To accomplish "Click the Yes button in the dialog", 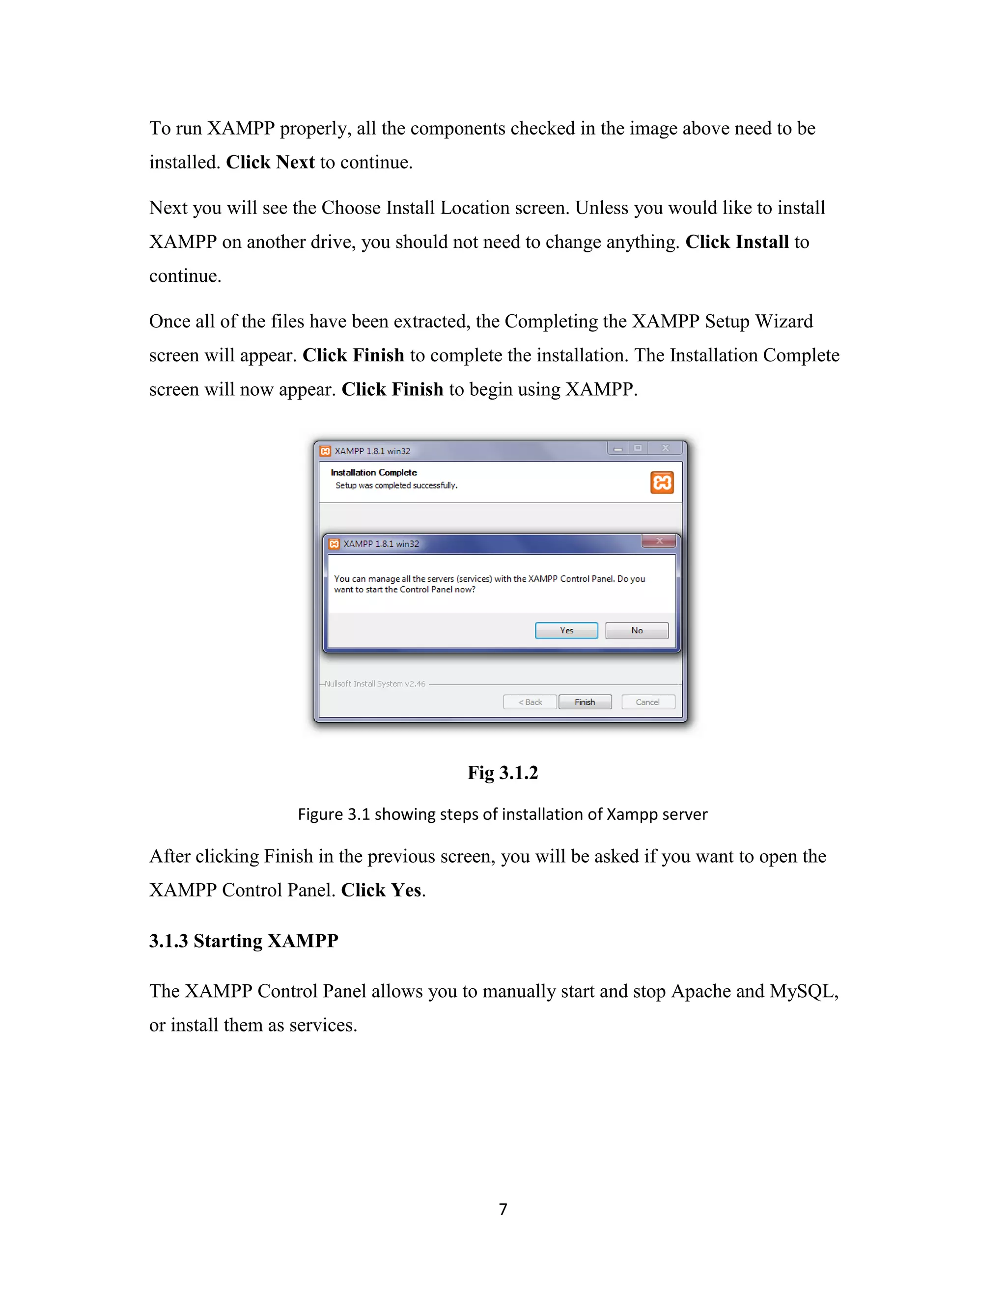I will (x=566, y=630).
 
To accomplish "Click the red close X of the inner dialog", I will (x=659, y=541).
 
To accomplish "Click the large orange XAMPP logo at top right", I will (x=662, y=482).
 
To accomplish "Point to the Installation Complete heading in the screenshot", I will (x=374, y=472).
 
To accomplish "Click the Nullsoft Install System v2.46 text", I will (x=375, y=684).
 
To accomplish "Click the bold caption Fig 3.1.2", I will (x=503, y=773).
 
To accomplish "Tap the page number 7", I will (x=503, y=1209).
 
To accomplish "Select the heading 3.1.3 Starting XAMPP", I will (x=243, y=941).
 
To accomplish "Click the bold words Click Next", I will (x=270, y=162).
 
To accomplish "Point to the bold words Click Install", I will (x=737, y=242).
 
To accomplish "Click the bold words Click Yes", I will (x=381, y=890).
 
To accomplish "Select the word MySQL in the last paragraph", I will (x=802, y=991).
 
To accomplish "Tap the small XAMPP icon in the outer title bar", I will (x=325, y=451).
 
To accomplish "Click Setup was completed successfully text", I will (x=396, y=486).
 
